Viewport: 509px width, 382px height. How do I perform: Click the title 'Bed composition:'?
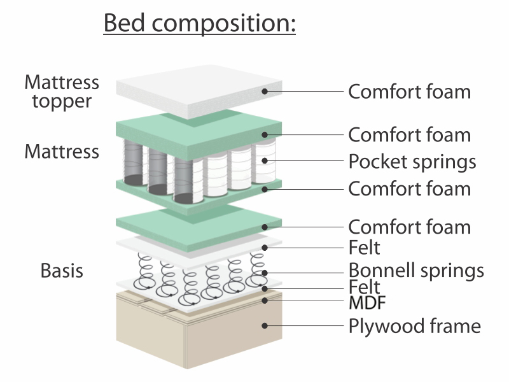click(x=200, y=23)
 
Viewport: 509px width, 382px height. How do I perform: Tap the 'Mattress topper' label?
click(x=62, y=92)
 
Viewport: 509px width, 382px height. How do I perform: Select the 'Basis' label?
click(x=62, y=270)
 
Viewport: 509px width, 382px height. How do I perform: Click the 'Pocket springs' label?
click(x=412, y=162)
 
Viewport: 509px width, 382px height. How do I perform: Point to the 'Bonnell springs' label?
click(x=416, y=270)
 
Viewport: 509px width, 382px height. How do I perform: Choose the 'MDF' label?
click(x=367, y=303)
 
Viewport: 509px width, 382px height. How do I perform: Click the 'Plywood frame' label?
click(x=415, y=326)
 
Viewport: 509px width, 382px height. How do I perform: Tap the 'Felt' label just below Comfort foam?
click(x=364, y=248)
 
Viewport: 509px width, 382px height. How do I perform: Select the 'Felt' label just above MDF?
click(x=364, y=287)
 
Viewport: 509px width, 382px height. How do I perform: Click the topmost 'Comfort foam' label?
click(x=409, y=92)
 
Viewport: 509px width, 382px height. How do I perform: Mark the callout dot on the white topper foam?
click(x=265, y=91)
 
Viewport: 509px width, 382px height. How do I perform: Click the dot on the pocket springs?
click(x=265, y=160)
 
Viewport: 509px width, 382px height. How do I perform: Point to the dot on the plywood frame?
click(x=265, y=325)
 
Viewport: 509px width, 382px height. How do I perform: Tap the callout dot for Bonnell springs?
click(x=265, y=273)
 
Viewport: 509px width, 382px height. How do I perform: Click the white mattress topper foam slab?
click(x=199, y=92)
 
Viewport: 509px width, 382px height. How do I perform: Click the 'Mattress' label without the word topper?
click(x=62, y=152)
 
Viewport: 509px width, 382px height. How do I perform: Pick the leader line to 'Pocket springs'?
click(x=304, y=160)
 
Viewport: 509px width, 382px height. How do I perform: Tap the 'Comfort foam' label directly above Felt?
click(x=409, y=227)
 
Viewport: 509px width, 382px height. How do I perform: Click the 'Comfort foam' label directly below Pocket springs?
click(x=409, y=188)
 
